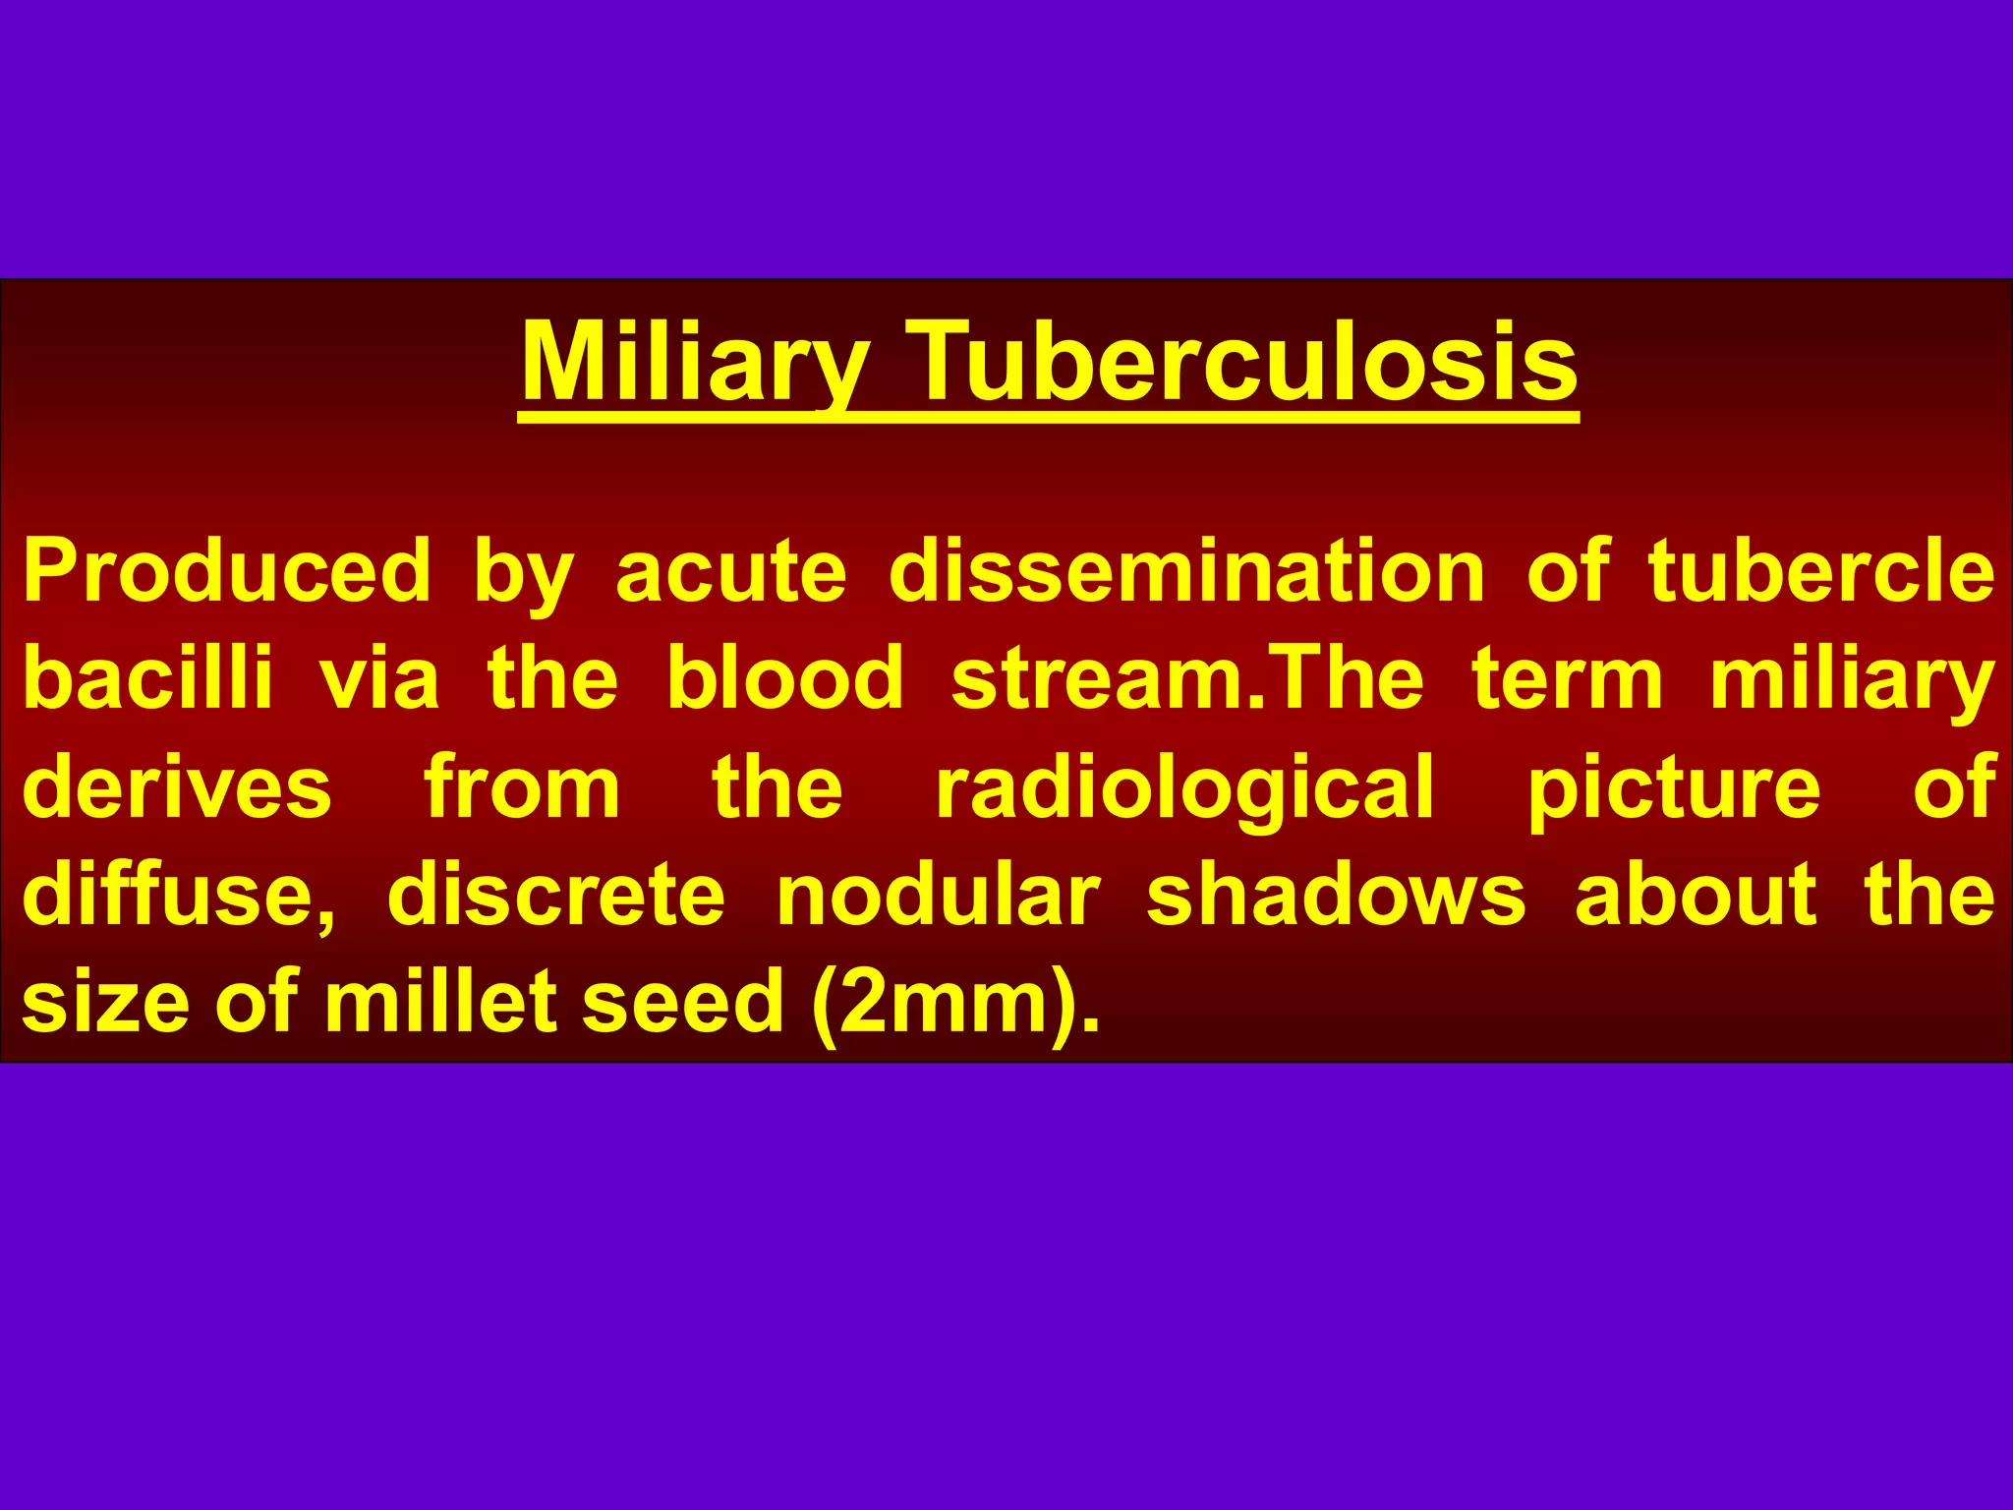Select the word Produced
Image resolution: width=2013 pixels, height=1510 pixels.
[227, 571]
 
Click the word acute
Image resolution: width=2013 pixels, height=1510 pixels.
[730, 571]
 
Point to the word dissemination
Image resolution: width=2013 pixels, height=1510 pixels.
[1186, 571]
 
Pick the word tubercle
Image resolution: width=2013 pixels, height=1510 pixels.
[1821, 571]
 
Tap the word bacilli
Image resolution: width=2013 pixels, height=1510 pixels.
[147, 678]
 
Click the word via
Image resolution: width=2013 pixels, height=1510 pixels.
[378, 678]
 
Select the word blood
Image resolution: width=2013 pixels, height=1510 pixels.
[784, 678]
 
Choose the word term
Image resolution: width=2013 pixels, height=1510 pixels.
[1567, 678]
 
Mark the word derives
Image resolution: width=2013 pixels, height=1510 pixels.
[177, 786]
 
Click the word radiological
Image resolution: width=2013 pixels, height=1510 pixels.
[1185, 786]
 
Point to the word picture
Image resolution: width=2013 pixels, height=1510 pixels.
[1674, 786]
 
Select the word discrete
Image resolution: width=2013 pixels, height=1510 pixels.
[556, 895]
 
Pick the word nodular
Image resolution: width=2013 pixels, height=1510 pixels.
[938, 895]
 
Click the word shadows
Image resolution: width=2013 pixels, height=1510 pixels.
[1336, 895]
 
